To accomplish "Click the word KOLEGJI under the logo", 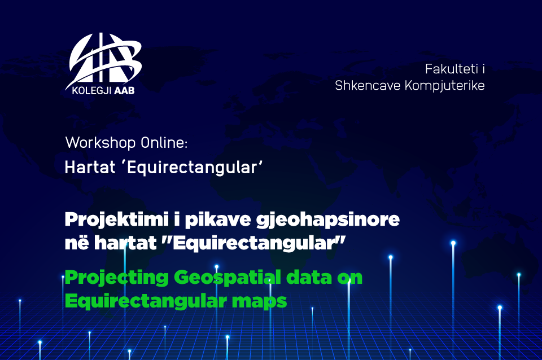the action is point(91,91).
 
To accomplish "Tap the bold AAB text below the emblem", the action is point(124,91).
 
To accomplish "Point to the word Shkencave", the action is point(368,85).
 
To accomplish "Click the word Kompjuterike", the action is point(444,86).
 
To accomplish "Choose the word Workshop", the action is point(100,143).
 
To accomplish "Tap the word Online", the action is point(164,143).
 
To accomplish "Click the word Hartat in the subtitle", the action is point(90,168).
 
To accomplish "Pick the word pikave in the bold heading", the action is point(218,219).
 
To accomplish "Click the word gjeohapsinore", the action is point(327,219).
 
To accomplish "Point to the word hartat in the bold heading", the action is point(125,243).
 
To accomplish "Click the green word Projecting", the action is point(116,278).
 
